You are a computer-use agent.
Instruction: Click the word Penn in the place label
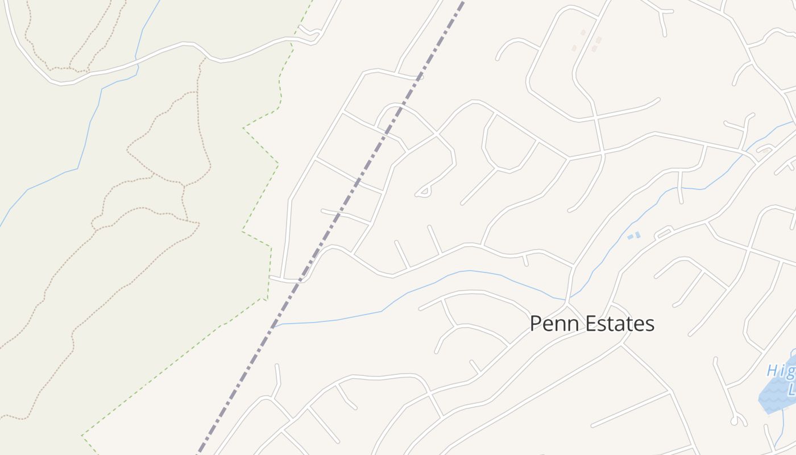pos(553,324)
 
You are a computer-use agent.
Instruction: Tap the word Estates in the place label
pos(619,324)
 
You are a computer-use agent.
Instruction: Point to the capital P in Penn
pos(536,324)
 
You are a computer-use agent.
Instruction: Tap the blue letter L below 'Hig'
pos(791,390)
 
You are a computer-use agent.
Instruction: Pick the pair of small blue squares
pos(634,235)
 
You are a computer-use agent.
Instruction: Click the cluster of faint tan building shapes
pos(588,43)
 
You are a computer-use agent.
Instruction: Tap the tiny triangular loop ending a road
pos(422,193)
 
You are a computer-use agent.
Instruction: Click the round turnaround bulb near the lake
pos(735,421)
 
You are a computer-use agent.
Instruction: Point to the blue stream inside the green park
pos(85,136)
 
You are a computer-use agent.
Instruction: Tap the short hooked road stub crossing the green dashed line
pos(310,34)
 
